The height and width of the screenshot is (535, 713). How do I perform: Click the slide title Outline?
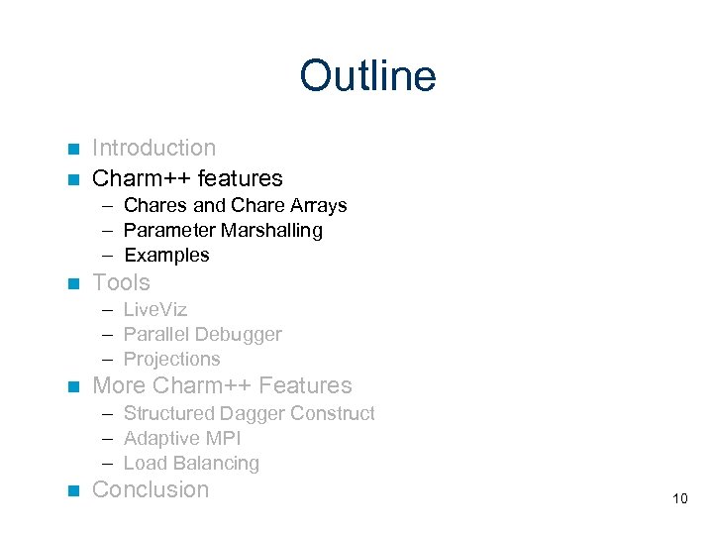point(367,76)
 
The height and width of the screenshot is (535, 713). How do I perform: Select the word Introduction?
point(153,148)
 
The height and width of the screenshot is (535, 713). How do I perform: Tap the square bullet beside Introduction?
point(71,150)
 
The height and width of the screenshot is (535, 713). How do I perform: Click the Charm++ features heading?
point(187,178)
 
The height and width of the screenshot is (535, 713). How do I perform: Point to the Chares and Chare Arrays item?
point(235,205)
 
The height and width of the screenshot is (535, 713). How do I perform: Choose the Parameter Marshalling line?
point(223,230)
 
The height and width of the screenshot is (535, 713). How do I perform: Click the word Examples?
point(166,255)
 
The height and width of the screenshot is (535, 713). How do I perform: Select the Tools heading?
point(121,282)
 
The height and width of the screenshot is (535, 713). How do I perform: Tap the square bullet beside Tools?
point(71,284)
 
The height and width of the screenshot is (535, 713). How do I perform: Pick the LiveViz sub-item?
point(154,309)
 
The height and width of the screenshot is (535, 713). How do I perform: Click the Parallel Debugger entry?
point(202,334)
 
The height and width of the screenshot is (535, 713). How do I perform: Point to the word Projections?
point(171,359)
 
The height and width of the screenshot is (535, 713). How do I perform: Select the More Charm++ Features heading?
point(222,385)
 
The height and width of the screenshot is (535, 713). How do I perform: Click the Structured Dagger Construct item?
point(249,413)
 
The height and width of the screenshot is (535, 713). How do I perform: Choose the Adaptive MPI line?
point(182,438)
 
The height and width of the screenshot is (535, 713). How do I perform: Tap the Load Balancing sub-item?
point(191,463)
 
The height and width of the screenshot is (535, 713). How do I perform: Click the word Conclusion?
point(151,489)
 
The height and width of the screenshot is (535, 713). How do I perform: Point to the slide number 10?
point(679,498)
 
